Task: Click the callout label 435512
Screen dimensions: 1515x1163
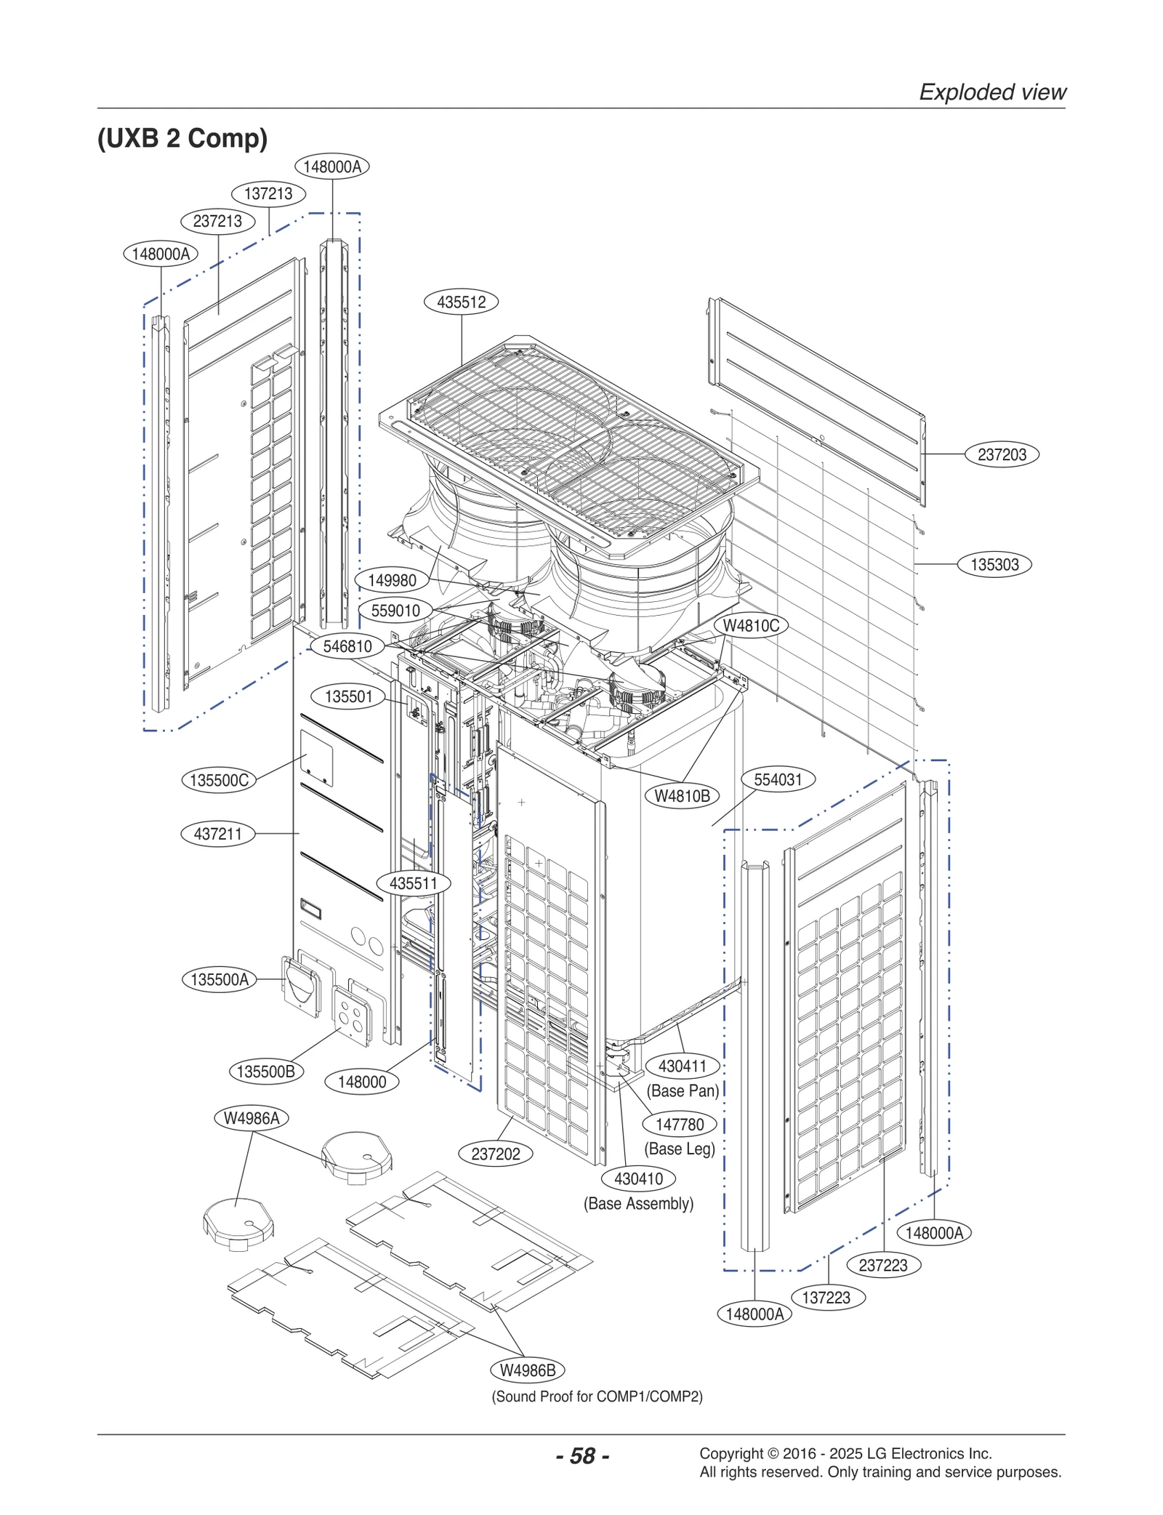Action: tap(462, 302)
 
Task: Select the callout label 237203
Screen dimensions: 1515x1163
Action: tap(1002, 454)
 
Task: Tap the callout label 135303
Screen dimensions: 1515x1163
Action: tap(994, 564)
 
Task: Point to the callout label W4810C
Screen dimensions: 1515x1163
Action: tap(751, 625)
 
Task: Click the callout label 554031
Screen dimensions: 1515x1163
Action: tap(778, 779)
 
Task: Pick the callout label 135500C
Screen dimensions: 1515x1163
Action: tap(219, 780)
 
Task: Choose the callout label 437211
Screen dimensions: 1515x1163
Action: tap(218, 833)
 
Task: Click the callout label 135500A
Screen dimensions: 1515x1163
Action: tap(219, 979)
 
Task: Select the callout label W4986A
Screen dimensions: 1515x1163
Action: tap(251, 1118)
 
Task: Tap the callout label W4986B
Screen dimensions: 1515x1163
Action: tap(528, 1370)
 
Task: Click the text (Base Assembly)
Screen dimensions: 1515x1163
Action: tap(638, 1203)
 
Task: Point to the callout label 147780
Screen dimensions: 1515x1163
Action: tap(680, 1125)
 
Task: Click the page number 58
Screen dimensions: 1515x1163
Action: tap(582, 1456)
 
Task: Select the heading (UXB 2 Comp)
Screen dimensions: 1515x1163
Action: tap(182, 137)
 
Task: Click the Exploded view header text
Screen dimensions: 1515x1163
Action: tap(992, 92)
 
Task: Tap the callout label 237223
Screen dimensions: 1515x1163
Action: tap(883, 1265)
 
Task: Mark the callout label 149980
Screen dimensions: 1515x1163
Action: tap(392, 580)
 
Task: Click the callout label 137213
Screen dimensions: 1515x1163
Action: tap(268, 193)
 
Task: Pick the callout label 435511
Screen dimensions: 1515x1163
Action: tap(414, 883)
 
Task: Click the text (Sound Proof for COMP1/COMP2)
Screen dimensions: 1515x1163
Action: tap(597, 1397)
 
